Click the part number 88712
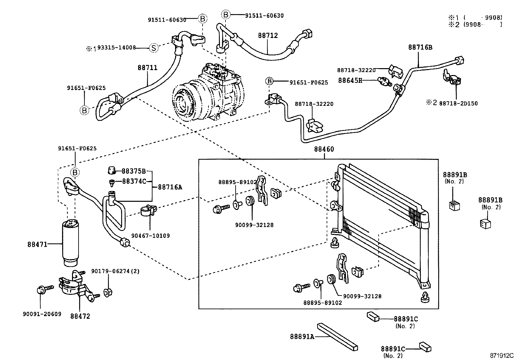(x=268, y=35)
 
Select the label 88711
(x=147, y=68)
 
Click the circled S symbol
(x=153, y=48)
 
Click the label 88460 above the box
(x=324, y=149)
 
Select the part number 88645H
(x=350, y=80)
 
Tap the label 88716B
(x=420, y=47)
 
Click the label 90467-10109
(x=151, y=236)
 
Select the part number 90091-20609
(x=42, y=314)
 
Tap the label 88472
(x=80, y=316)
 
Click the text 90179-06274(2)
(x=115, y=271)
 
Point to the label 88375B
(x=134, y=171)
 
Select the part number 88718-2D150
(x=458, y=103)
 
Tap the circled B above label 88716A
(x=75, y=172)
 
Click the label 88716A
(x=170, y=187)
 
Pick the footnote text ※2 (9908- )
(x=475, y=24)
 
